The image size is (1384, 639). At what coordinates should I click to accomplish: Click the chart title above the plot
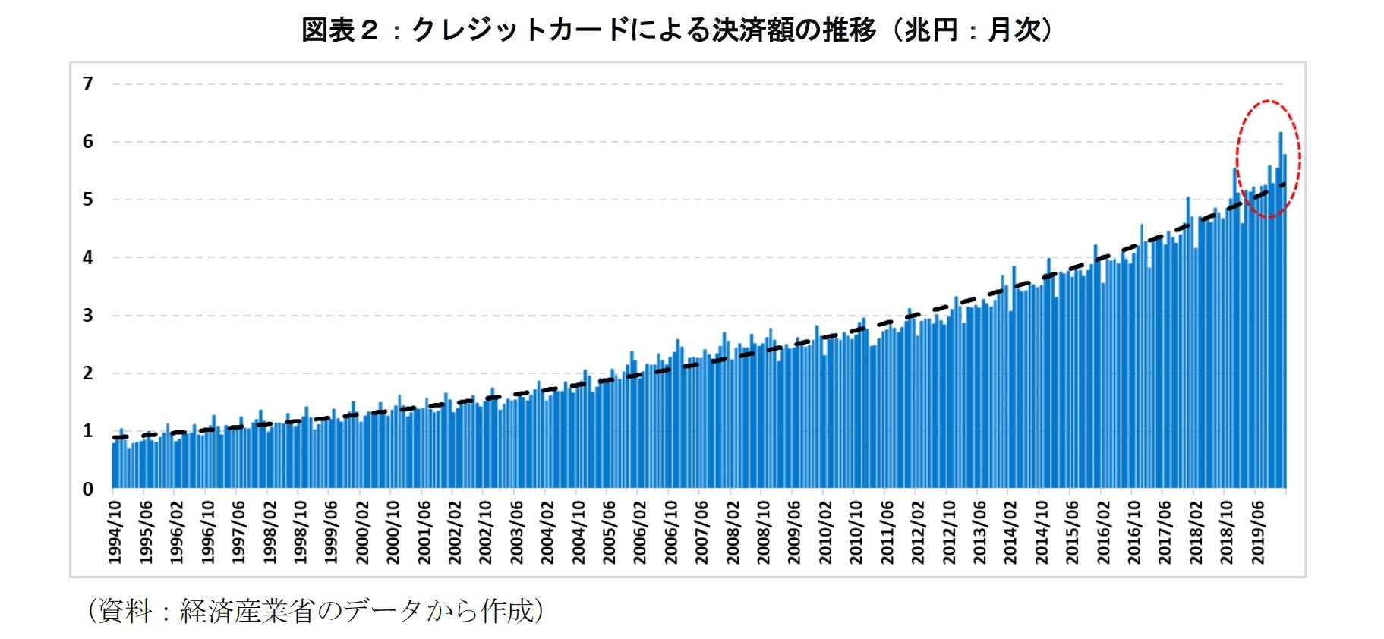click(677, 30)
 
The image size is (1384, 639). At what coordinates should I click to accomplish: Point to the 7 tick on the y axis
click(88, 83)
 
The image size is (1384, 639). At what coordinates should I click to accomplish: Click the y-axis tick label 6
click(88, 142)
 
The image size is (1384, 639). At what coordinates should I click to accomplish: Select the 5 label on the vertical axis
click(88, 200)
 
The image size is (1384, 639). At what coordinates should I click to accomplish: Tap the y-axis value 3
click(88, 315)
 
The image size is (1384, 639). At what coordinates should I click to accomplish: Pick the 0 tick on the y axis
click(88, 489)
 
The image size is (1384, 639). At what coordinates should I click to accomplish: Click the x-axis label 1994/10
click(115, 532)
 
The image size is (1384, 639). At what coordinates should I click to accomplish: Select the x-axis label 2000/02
click(362, 532)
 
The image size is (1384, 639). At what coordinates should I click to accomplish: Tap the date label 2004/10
click(579, 532)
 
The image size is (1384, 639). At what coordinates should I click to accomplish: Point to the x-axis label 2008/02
click(733, 532)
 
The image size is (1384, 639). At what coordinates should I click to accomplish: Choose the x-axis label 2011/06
click(887, 532)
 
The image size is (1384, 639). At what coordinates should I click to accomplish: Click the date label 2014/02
click(1010, 532)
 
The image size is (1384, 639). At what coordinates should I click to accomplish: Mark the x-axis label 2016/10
click(1133, 532)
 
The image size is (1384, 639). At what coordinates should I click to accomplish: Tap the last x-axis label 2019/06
click(1257, 532)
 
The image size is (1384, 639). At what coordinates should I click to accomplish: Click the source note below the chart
click(315, 611)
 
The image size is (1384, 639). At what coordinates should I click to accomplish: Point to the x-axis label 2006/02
click(640, 532)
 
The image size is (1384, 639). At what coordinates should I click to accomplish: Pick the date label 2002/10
click(486, 532)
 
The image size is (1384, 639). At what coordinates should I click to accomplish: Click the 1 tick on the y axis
click(88, 431)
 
